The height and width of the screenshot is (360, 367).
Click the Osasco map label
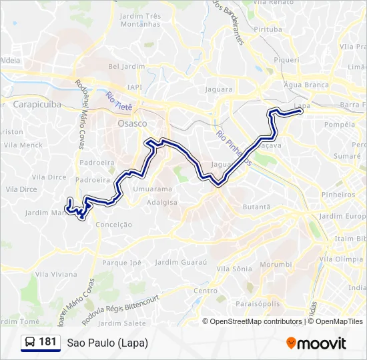[x=131, y=124]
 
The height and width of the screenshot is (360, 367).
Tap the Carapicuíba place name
[x=37, y=105]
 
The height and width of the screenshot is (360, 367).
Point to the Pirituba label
[x=268, y=29]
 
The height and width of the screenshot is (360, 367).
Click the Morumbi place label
[x=276, y=265]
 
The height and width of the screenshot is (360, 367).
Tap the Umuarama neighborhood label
[x=147, y=190]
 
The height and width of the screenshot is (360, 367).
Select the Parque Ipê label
[x=122, y=263]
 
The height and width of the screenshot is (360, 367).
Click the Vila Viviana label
[x=56, y=274]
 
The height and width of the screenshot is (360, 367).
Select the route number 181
[x=48, y=342]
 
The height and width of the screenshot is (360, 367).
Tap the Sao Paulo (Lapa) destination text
[x=107, y=343]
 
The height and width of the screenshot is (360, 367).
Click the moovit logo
[x=316, y=343]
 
